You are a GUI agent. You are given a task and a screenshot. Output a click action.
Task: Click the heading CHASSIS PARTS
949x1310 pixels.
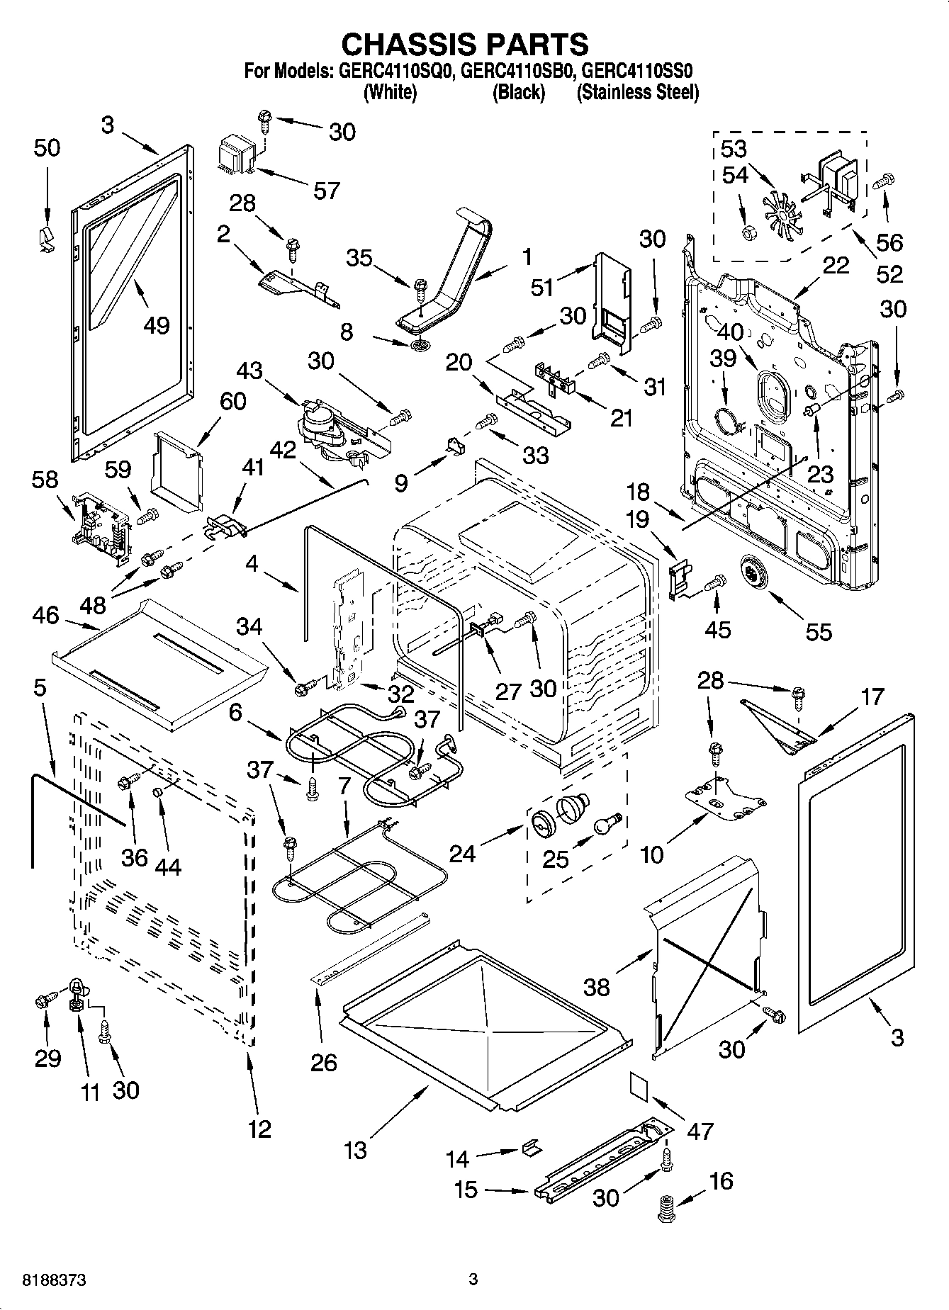coord(465,44)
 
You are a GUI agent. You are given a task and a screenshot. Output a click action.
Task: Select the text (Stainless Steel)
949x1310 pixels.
coord(637,92)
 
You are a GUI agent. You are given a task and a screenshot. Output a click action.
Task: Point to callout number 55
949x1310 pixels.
coord(819,631)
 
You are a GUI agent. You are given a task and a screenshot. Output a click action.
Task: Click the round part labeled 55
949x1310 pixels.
coord(751,570)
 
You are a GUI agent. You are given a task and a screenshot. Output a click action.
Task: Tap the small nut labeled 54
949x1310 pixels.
coord(748,232)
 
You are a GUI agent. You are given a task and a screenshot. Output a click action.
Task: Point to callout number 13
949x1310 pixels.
coord(355,1148)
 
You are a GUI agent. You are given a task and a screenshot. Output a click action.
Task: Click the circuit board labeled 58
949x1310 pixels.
coord(101,526)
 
